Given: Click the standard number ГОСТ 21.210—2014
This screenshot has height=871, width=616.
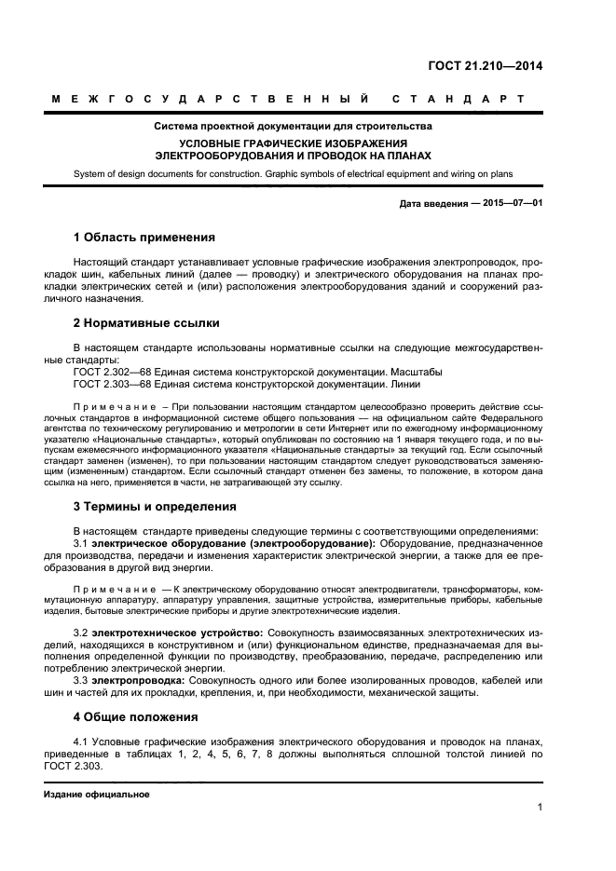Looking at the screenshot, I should point(485,65).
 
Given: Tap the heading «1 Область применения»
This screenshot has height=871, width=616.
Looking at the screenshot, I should point(144,237).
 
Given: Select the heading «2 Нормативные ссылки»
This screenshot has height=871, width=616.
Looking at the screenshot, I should point(146,323).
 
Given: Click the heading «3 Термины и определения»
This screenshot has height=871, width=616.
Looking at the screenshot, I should point(154,507).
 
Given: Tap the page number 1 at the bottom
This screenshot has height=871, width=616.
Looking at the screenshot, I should point(540,807).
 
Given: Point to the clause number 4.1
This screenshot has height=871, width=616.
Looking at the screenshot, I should point(82,742).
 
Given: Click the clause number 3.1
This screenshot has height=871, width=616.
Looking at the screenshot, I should point(82,543).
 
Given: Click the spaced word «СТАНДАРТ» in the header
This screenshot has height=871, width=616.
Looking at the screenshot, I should point(458,98).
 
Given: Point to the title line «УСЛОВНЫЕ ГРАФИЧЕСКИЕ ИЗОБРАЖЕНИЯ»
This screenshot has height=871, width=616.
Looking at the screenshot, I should point(294,143).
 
